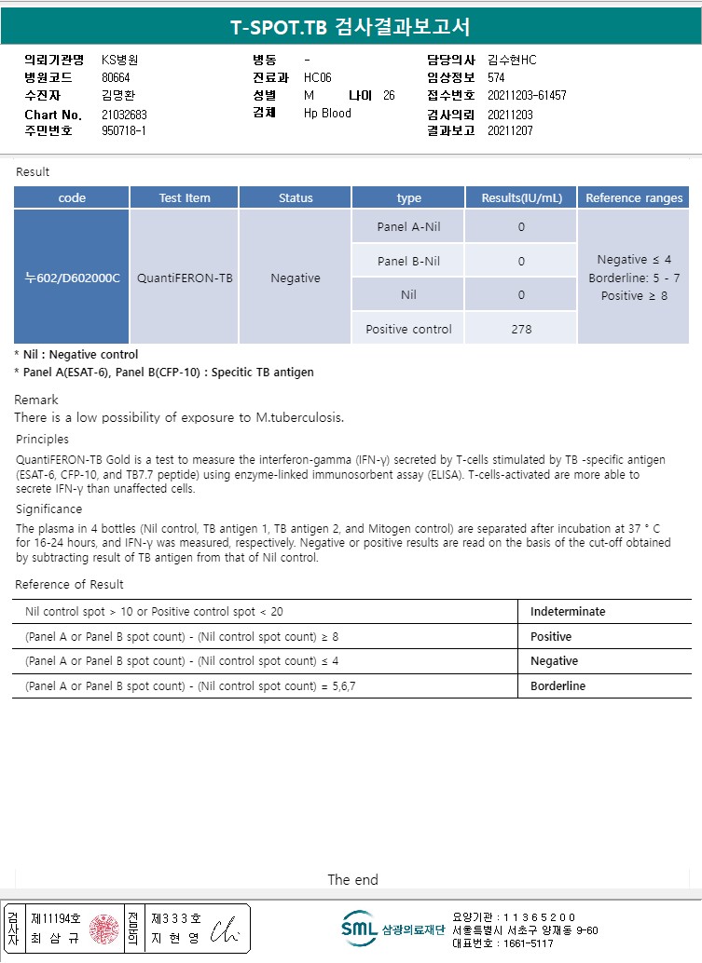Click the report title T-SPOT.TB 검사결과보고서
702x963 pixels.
click(x=351, y=27)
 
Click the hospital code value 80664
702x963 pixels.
click(x=117, y=77)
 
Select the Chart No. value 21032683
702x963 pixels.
click(x=124, y=115)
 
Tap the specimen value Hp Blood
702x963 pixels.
click(x=327, y=113)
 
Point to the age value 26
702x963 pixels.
click(x=389, y=95)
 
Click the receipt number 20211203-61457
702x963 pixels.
click(x=527, y=95)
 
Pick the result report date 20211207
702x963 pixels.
click(x=509, y=130)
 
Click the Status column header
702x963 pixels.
click(x=296, y=197)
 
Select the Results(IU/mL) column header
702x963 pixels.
click(x=521, y=197)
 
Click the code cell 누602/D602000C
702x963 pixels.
click(x=72, y=278)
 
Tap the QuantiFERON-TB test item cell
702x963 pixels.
click(x=185, y=278)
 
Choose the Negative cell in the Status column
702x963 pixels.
click(x=296, y=278)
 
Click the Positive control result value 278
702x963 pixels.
click(x=521, y=329)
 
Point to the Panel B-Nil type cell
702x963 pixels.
click(x=408, y=261)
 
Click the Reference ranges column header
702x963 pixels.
click(x=634, y=197)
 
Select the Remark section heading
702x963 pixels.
click(x=36, y=400)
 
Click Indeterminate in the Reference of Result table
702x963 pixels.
click(x=568, y=612)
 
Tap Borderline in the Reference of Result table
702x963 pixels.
click(x=557, y=685)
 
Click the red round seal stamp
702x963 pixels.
click(x=104, y=929)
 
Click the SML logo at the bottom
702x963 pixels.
click(x=359, y=928)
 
